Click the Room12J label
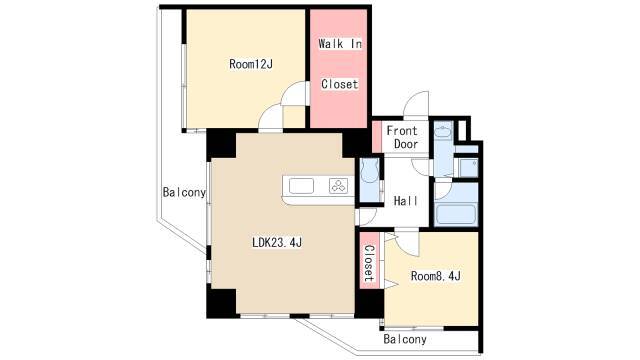[251, 64]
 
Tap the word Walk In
[340, 44]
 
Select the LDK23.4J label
[277, 243]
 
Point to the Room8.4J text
[436, 276]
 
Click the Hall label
[406, 201]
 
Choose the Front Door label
[402, 138]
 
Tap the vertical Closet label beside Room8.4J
[369, 263]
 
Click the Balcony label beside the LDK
[184, 192]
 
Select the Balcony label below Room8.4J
[405, 339]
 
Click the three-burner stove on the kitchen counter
[339, 186]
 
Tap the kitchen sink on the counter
[301, 186]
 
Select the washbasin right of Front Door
[443, 131]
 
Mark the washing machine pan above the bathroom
[467, 168]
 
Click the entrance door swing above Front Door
[416, 104]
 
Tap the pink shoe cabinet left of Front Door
[377, 137]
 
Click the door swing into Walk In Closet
[294, 93]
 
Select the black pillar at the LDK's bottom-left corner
[221, 303]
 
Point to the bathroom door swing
[443, 190]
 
